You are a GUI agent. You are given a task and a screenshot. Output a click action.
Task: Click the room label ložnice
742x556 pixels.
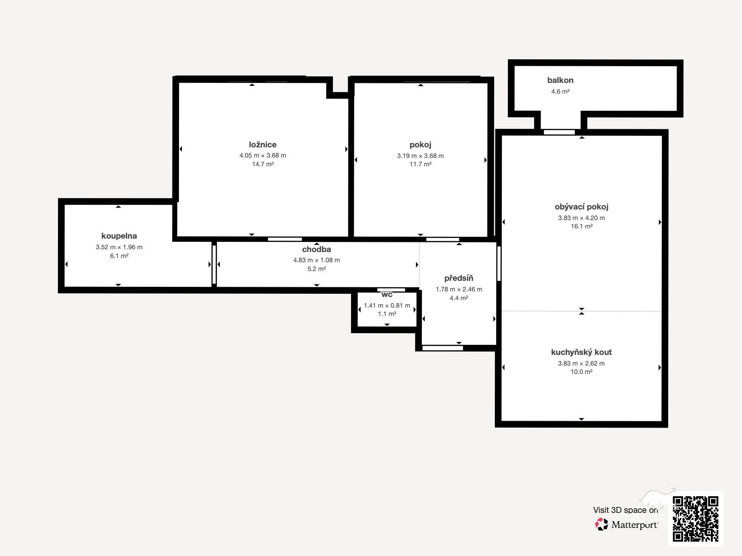tap(262, 145)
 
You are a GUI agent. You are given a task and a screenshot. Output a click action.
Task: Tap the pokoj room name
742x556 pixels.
tap(420, 145)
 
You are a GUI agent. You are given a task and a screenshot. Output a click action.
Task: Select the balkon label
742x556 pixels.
tap(560, 80)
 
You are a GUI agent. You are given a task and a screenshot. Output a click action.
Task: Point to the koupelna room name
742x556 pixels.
tap(119, 236)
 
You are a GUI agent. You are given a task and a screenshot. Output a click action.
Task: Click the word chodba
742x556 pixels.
tap(316, 249)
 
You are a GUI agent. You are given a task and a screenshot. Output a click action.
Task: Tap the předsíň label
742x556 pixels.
tap(459, 278)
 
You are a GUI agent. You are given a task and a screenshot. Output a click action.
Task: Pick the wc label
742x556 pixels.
tap(387, 295)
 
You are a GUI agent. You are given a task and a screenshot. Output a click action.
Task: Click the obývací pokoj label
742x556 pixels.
tap(582, 207)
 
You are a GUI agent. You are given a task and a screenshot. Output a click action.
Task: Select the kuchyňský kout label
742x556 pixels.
tap(582, 352)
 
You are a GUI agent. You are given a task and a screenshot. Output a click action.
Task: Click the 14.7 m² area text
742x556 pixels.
tap(262, 164)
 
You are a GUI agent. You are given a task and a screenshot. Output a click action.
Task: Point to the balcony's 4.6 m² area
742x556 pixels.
tap(560, 91)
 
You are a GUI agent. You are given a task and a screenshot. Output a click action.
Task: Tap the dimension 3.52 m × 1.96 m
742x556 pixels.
tap(119, 247)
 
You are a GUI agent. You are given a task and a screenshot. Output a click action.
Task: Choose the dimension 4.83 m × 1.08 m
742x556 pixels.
tap(316, 260)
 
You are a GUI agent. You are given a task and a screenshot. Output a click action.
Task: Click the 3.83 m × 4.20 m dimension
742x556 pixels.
tap(582, 218)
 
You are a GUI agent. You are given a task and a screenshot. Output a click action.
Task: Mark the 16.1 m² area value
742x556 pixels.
tap(582, 227)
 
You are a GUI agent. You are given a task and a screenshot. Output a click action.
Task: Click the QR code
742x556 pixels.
tap(695, 519)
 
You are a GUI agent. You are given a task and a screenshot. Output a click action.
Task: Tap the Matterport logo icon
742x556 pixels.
tap(601, 524)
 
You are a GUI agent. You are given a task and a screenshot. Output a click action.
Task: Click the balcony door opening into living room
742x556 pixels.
tap(559, 133)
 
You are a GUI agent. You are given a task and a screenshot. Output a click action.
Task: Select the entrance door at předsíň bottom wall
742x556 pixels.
tap(442, 348)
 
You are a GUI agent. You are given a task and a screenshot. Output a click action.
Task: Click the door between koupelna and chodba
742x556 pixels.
tap(214, 265)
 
